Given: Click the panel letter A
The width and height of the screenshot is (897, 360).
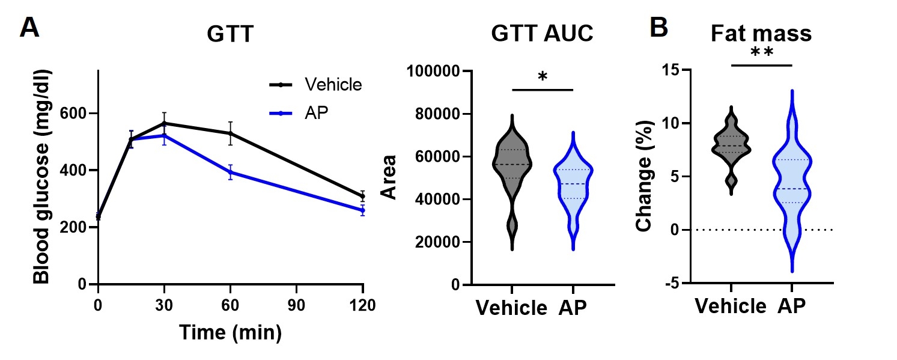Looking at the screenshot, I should pyautogui.click(x=30, y=28).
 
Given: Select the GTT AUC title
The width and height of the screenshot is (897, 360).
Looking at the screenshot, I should pyautogui.click(x=542, y=34).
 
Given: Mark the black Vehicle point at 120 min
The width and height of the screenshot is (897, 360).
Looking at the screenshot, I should pyautogui.click(x=362, y=197).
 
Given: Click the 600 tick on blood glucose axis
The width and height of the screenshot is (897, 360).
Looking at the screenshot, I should pyautogui.click(x=78, y=114).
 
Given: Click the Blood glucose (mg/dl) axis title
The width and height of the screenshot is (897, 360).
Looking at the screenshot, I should pyautogui.click(x=41, y=177).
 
